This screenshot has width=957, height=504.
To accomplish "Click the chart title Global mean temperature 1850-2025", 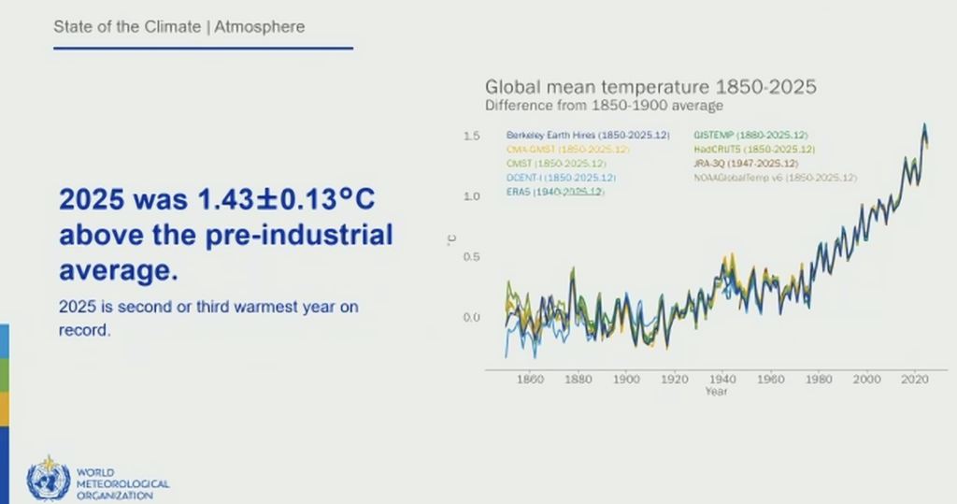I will click(650, 87).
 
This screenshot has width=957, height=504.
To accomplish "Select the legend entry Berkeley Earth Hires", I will click(588, 135).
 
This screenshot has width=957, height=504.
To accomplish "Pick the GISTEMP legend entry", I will click(751, 135).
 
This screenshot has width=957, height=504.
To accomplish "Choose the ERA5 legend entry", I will click(555, 191).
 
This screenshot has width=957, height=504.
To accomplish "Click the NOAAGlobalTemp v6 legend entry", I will click(776, 177).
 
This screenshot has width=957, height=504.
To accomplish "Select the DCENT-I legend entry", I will click(561, 177).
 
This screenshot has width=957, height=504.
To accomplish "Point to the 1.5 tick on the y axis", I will click(471, 137).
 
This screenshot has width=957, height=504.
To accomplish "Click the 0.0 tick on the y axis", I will click(471, 317).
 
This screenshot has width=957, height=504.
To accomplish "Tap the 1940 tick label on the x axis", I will click(722, 380).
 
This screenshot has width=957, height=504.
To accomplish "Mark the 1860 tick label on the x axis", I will click(530, 380).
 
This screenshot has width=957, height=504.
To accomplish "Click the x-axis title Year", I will click(717, 392).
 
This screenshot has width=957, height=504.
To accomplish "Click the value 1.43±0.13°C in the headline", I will click(279, 200).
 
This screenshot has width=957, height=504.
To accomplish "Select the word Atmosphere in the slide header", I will click(260, 26).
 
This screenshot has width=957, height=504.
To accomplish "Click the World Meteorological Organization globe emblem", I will click(49, 479).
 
